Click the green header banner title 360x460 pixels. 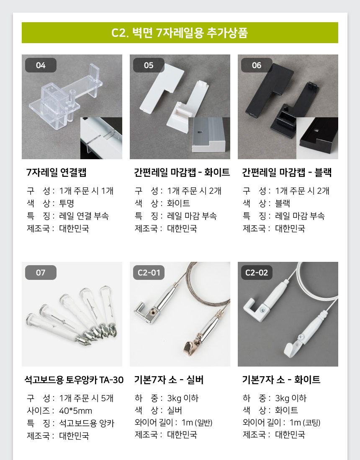tap(180, 33)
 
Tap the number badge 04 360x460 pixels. tap(41, 65)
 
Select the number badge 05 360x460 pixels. tap(149, 65)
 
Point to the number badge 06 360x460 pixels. tap(257, 65)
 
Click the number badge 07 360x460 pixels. tap(41, 273)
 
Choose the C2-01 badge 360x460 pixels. tap(149, 273)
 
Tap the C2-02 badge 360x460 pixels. tap(257, 273)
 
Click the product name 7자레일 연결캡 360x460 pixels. tap(56, 172)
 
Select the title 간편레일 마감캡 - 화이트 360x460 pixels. tap(182, 172)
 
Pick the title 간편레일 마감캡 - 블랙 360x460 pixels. tap(287, 172)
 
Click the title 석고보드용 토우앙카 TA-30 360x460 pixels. tap(74, 380)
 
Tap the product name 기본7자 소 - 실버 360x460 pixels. tap(169, 380)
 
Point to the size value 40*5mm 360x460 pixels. tap(76, 411)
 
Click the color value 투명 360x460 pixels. tap(67, 203)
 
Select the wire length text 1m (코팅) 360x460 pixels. tap(305, 422)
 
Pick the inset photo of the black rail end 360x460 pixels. tap(317, 138)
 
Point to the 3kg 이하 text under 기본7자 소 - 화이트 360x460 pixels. tap(291, 398)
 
